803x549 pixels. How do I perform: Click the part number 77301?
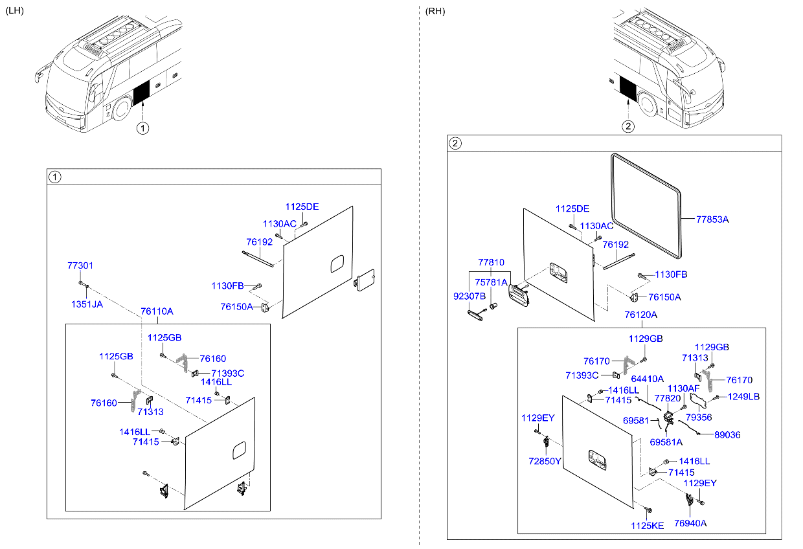coord(80,265)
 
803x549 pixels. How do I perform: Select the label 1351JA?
coord(86,304)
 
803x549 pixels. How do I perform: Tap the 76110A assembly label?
coord(157,311)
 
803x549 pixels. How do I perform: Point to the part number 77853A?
coord(712,219)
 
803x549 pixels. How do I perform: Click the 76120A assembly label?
coord(640,315)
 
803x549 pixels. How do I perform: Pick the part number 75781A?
coord(491,282)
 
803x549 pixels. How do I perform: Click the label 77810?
coord(491,263)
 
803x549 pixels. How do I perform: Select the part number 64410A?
coord(647,379)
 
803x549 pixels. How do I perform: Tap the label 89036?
coord(727,435)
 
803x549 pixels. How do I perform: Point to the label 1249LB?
coord(743,397)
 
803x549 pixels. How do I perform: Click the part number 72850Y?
coord(545,462)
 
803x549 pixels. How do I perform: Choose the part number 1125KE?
coord(648,526)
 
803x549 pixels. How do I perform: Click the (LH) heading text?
coord(14,11)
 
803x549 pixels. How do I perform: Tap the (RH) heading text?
coord(435,11)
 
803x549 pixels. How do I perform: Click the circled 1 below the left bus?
coord(142,128)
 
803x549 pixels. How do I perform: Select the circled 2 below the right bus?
coord(627,126)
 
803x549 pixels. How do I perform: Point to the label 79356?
coord(699,418)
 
